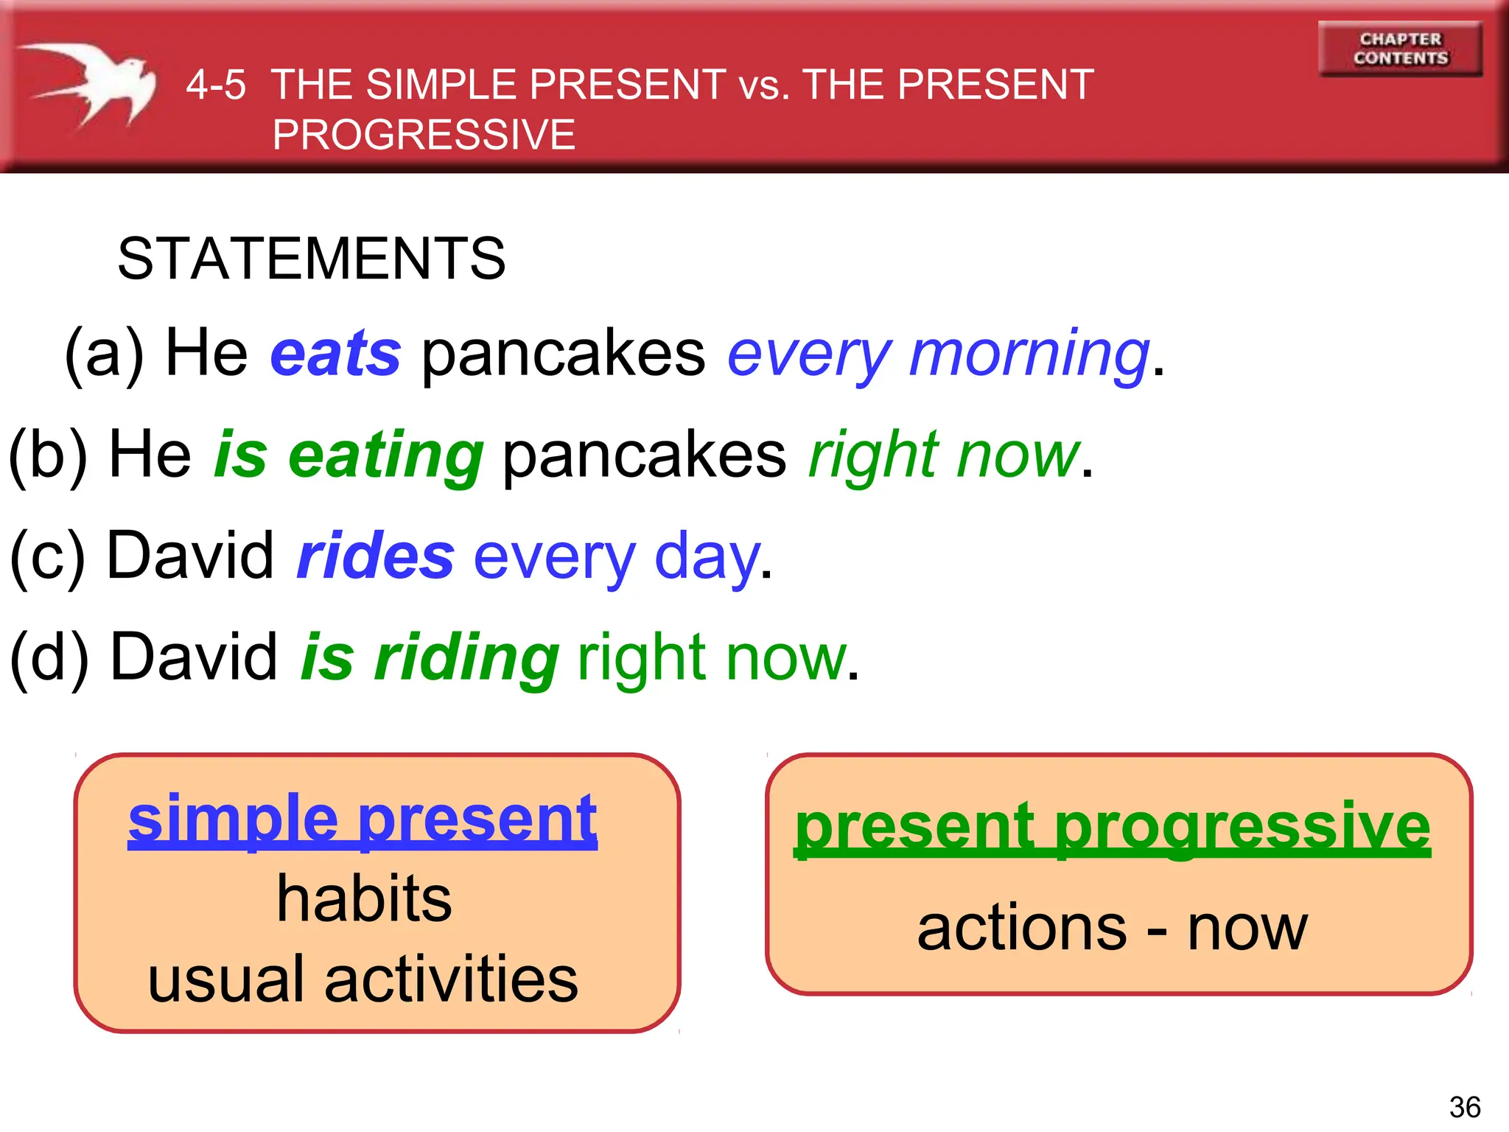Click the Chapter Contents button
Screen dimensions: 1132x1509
point(1400,49)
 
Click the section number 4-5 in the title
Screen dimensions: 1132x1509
point(215,85)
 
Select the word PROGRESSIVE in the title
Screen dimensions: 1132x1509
point(424,135)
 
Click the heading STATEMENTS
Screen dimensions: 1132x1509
point(312,259)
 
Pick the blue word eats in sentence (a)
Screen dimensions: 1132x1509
point(336,354)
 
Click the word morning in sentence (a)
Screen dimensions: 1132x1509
point(1029,354)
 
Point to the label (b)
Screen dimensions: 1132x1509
point(47,455)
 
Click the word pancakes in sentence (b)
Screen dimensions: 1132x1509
point(645,455)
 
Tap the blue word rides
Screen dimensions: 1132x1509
point(376,556)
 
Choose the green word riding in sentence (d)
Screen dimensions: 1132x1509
point(466,658)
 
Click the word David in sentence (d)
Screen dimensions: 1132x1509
point(194,657)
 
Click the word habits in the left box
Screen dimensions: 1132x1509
point(364,899)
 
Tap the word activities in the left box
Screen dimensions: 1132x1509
point(451,979)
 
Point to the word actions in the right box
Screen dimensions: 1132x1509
point(1022,928)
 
